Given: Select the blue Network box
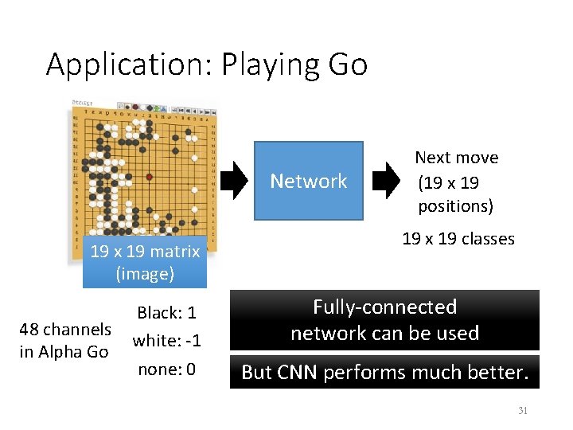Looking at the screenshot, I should click(308, 181).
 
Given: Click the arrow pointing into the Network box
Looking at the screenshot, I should click(233, 181).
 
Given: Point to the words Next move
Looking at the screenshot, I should click(457, 158).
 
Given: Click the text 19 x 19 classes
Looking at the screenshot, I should click(458, 239).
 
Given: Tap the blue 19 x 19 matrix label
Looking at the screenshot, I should click(145, 252).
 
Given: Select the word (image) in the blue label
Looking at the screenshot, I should click(145, 274).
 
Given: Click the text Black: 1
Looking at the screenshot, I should click(167, 313).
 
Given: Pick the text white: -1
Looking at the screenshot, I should click(167, 341).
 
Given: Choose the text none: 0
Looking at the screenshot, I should click(167, 369).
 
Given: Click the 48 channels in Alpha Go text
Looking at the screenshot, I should click(65, 340).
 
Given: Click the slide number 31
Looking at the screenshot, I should click(523, 411).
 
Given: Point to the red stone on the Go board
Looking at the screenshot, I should click(149, 176).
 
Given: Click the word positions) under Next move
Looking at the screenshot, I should click(456, 206).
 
